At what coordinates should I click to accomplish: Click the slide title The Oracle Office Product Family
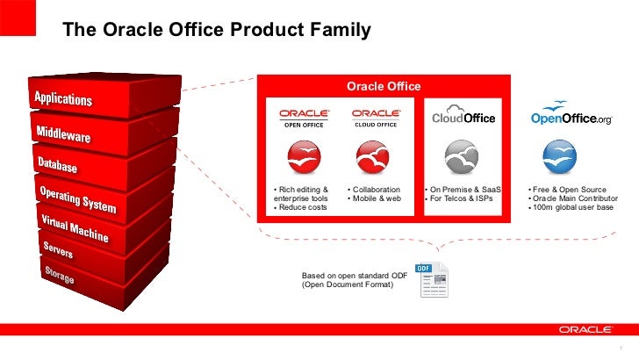[217, 32]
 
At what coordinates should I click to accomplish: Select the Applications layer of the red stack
[63, 96]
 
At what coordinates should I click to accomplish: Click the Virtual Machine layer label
[74, 227]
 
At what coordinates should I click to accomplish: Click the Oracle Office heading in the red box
[384, 86]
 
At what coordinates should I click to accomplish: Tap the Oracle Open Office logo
[304, 118]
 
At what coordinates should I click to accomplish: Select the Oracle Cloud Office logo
[377, 118]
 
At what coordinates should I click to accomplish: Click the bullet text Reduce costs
[301, 208]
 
